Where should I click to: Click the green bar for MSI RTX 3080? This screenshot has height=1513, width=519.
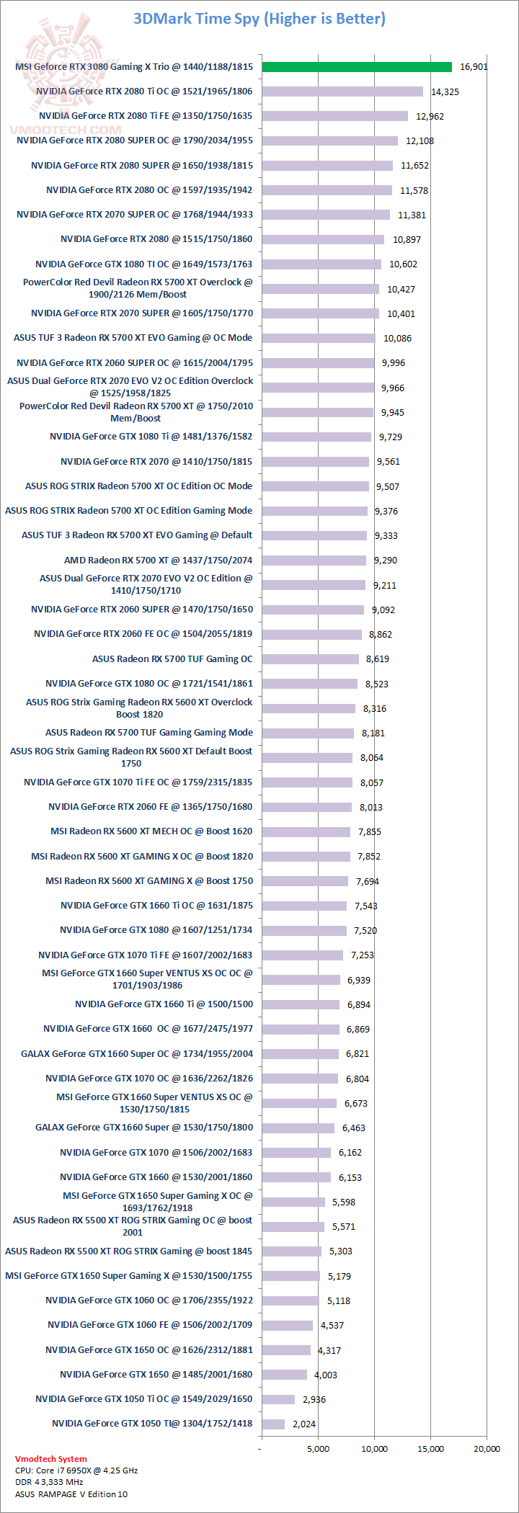(x=357, y=67)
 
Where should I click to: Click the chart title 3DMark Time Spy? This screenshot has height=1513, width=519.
(x=259, y=19)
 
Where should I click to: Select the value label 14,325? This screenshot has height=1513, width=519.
(x=445, y=92)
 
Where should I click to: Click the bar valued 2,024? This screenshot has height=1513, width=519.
(x=273, y=1424)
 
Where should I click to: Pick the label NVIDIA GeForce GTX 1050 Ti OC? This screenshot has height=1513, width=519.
(x=144, y=1399)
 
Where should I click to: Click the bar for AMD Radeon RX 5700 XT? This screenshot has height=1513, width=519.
(x=314, y=560)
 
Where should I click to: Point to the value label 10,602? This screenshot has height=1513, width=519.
(x=403, y=264)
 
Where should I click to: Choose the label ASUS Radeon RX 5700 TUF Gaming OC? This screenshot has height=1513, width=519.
(x=172, y=659)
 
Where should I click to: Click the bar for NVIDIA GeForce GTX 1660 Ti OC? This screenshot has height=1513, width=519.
(x=304, y=906)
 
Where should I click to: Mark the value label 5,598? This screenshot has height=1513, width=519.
(x=344, y=1202)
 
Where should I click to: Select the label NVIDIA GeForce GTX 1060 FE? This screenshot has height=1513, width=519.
(x=150, y=1325)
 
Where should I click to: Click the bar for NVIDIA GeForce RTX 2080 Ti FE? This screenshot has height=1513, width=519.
(x=334, y=116)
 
